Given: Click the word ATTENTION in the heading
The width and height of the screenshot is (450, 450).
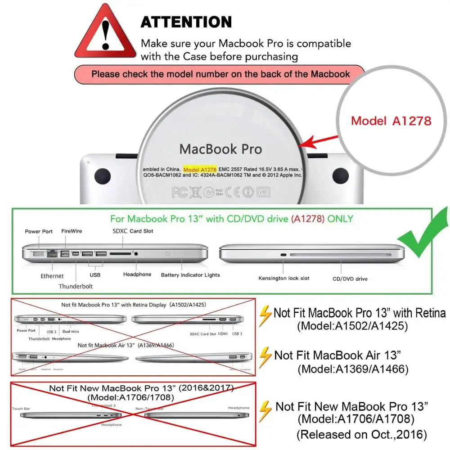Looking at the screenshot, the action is (186, 22).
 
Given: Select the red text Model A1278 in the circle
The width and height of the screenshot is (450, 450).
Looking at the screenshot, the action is (391, 121).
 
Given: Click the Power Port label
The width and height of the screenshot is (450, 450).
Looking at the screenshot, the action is (39, 231).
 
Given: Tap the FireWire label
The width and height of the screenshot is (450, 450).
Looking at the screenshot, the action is (72, 231).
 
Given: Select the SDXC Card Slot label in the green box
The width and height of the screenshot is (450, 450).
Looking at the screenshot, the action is (133, 231).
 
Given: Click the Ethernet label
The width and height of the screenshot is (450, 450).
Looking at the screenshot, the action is (52, 276).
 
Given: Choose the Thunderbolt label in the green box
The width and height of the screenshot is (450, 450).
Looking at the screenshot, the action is (75, 286).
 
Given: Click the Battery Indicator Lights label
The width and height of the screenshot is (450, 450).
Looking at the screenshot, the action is (190, 275).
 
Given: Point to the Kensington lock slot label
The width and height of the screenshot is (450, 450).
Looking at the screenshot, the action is (284, 278).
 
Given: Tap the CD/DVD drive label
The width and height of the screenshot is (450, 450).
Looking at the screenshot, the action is (350, 279).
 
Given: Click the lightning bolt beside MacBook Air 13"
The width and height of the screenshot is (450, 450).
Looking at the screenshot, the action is (266, 355).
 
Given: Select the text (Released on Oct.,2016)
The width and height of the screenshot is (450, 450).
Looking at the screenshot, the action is (361, 435).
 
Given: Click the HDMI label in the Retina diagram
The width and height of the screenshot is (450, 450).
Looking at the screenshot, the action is (222, 334).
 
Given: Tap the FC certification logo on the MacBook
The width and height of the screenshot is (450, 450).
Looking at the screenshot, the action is (179, 193).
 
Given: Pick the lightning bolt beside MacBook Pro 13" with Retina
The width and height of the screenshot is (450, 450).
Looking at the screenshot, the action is (266, 315).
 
